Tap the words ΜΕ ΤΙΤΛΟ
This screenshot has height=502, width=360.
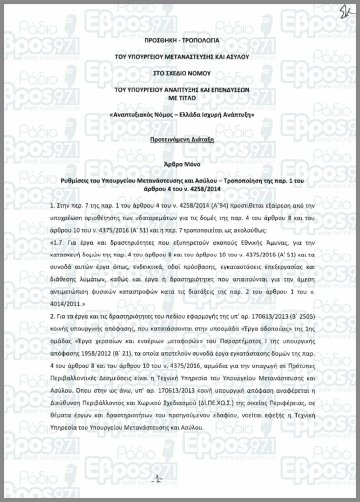click(180, 97)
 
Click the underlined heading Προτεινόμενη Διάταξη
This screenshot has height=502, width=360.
click(180, 139)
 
